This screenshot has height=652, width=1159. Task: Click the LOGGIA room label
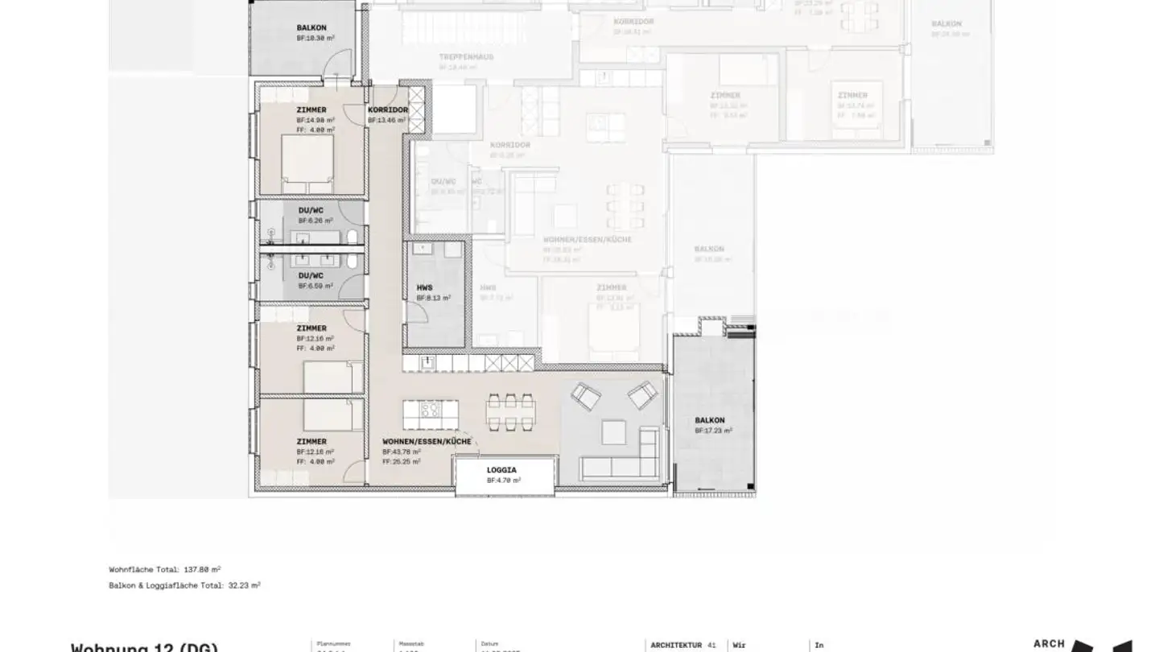[501, 469]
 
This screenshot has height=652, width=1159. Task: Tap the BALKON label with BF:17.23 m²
[710, 420]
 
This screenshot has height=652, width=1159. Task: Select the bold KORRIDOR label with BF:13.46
[388, 110]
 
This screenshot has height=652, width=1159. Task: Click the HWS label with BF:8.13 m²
[424, 287]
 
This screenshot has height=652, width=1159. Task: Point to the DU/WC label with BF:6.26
[311, 210]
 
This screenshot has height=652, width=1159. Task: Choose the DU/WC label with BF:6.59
[311, 275]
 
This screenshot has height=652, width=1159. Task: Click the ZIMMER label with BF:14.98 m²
[311, 110]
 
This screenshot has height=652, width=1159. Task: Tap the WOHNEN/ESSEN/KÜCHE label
[426, 442]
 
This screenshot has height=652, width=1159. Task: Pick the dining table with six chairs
[510, 411]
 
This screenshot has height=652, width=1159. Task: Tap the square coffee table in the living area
[613, 433]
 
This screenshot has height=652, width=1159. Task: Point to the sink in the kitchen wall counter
[427, 363]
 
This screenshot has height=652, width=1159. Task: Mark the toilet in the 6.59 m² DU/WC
[352, 262]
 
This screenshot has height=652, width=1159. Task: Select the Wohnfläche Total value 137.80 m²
[202, 569]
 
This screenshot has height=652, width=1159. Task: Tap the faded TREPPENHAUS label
[466, 57]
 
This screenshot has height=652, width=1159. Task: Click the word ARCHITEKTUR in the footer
[676, 645]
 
